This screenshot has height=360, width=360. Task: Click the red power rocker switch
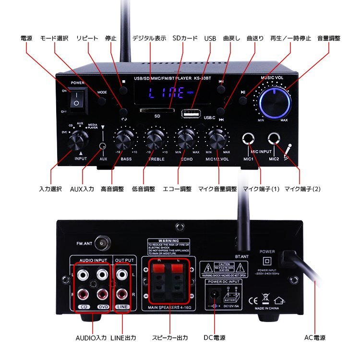76,99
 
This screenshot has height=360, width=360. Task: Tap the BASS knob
123,141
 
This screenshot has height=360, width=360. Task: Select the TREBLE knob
155,141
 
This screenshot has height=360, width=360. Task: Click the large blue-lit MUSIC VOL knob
274,100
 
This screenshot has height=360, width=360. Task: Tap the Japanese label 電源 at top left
26,38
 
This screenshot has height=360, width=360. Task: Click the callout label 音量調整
328,38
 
